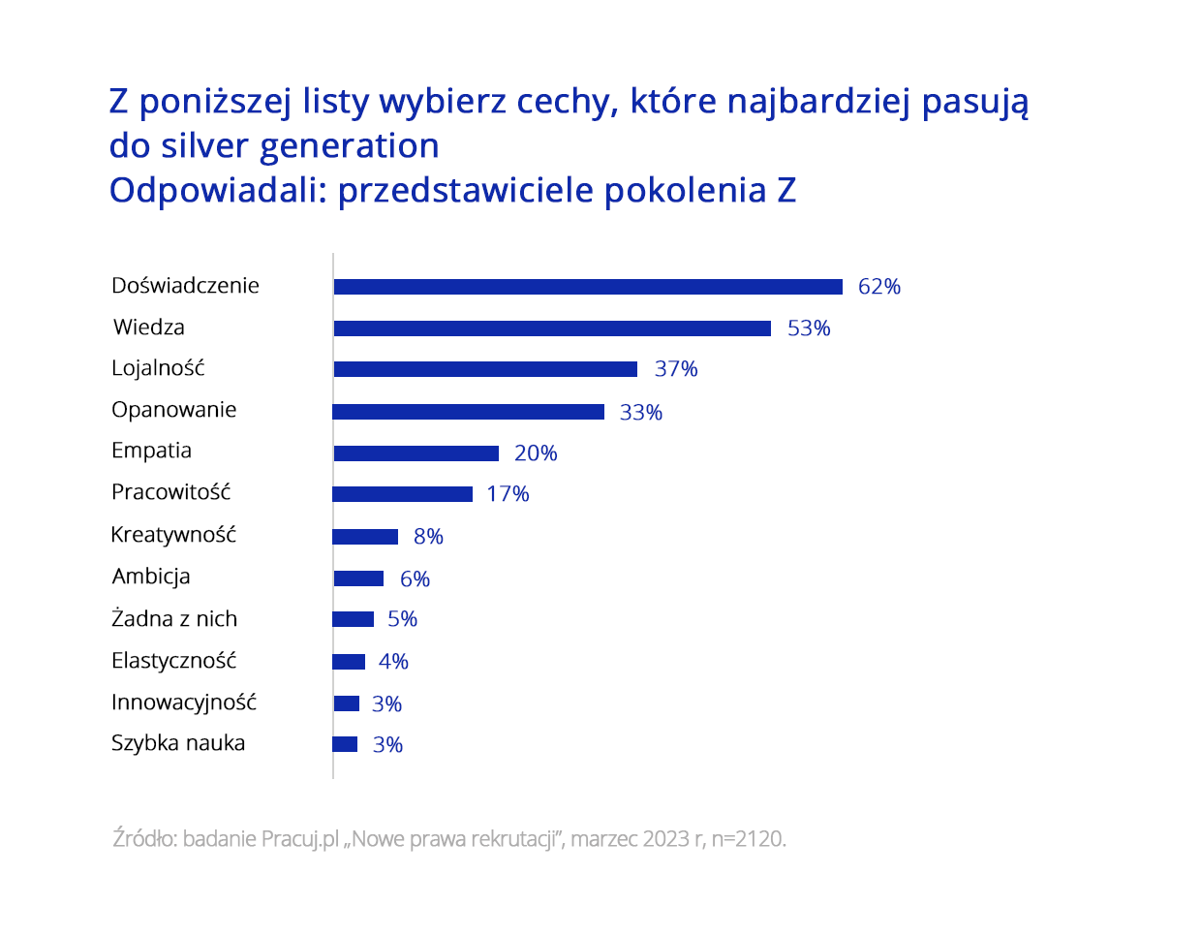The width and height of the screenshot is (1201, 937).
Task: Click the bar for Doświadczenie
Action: [588, 287]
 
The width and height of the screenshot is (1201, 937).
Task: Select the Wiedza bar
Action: [552, 328]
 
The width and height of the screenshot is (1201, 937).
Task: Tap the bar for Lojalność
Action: [485, 369]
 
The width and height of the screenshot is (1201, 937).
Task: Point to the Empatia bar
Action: [416, 453]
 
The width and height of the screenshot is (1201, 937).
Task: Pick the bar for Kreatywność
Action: [365, 537]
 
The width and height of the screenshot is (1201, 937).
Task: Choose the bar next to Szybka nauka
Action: [345, 744]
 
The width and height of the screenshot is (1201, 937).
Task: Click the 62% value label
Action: [879, 287]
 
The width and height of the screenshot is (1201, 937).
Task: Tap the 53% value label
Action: [809, 328]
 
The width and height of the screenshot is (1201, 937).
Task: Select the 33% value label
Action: [641, 413]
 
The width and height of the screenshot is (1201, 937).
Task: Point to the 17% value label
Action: [508, 494]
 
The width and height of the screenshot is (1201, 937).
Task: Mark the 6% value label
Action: [415, 579]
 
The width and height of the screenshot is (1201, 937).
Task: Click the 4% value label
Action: [393, 662]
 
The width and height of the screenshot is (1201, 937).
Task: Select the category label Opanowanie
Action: [174, 410]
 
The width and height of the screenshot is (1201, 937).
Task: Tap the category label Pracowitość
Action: [171, 492]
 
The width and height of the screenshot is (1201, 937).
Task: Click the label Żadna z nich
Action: [174, 619]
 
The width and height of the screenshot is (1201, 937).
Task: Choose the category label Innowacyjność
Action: [184, 703]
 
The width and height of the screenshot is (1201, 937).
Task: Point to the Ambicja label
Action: [151, 577]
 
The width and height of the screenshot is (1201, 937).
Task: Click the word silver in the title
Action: [205, 146]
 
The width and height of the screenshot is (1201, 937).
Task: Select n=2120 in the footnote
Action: [749, 839]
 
